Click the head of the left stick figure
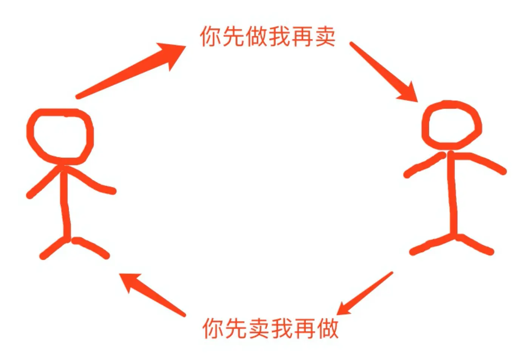pos(60,136)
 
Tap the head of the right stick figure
pos(451,125)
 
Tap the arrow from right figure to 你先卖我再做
pos(365,293)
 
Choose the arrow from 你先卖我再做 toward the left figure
pos(151,293)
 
